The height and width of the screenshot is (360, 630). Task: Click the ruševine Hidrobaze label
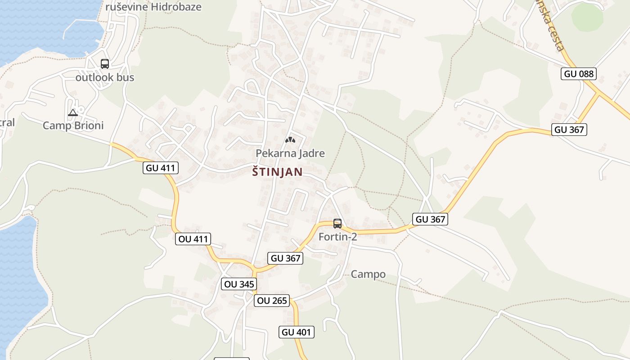(153, 7)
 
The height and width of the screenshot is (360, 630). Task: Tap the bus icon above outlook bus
(105, 64)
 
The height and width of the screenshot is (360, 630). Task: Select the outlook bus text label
(105, 77)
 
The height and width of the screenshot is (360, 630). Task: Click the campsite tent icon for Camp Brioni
(73, 112)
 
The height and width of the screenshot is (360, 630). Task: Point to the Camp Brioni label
(73, 126)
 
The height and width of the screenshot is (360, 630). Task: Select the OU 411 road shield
(193, 239)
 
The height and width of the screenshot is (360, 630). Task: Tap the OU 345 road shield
(239, 284)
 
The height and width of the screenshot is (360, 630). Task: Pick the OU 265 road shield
(271, 301)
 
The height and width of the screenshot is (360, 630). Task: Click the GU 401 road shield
(296, 333)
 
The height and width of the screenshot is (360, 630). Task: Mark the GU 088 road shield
(578, 74)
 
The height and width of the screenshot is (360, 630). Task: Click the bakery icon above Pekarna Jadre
(290, 140)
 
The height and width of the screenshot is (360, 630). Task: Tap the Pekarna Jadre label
(290, 153)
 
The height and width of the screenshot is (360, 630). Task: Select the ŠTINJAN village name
(277, 172)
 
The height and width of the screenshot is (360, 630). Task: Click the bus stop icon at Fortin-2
(337, 223)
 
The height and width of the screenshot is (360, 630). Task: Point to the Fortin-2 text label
(337, 237)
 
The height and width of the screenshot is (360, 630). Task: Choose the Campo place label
(368, 274)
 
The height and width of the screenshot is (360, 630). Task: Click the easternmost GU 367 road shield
(569, 130)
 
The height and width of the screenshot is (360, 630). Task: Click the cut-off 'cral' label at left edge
(7, 122)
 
